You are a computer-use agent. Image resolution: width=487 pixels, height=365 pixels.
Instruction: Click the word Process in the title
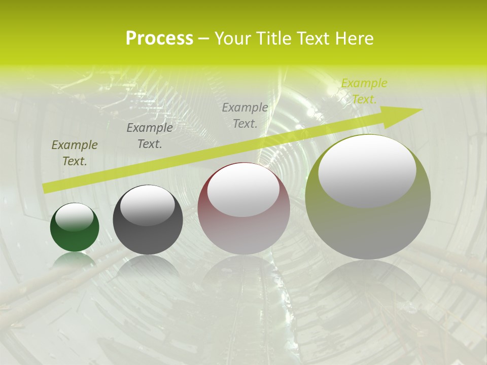pyautogui.click(x=159, y=39)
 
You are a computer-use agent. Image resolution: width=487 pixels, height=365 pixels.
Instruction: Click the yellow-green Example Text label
pyautogui.click(x=364, y=91)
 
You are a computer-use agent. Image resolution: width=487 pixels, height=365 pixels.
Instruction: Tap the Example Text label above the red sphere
pyautogui.click(x=245, y=115)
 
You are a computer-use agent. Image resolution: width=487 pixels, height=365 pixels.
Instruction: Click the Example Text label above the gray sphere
pyautogui.click(x=150, y=136)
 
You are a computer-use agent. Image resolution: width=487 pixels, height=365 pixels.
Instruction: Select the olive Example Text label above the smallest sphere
pyautogui.click(x=75, y=153)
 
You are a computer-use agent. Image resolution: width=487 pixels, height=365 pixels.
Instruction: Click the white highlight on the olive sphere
pyautogui.click(x=367, y=170)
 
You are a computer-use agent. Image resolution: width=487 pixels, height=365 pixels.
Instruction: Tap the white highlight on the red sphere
pyautogui.click(x=243, y=189)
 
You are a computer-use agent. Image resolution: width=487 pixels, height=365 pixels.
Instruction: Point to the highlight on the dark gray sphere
pyautogui.click(x=148, y=204)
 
